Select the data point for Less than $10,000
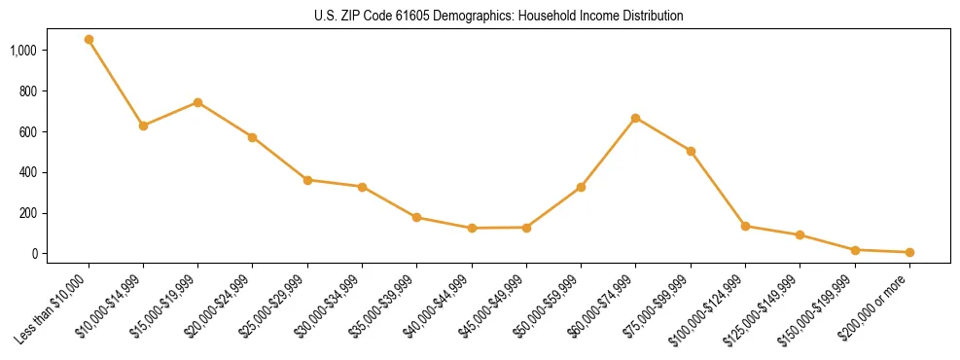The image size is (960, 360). click(x=89, y=40)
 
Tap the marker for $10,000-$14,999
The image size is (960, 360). click(x=143, y=126)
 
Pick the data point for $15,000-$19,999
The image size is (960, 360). click(x=197, y=102)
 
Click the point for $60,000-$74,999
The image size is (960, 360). click(x=635, y=118)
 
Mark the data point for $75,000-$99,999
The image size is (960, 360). click(x=691, y=151)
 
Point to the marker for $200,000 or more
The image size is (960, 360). click(x=909, y=252)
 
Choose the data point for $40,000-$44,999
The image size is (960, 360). click(x=472, y=228)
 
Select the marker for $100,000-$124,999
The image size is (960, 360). click(x=745, y=226)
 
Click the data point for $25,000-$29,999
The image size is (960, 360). click(x=307, y=180)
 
